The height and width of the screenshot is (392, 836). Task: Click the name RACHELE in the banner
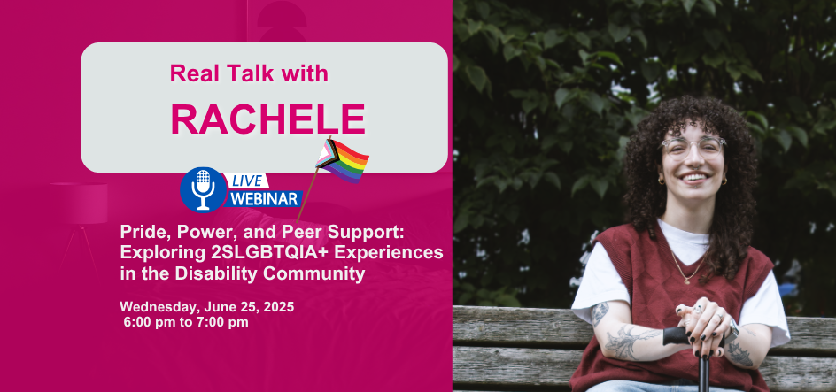[268, 119]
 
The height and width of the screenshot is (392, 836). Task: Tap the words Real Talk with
[249, 73]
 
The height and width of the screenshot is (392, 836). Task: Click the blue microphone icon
[203, 190]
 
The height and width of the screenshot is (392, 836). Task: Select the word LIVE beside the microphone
[246, 181]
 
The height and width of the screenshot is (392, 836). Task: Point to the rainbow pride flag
[343, 161]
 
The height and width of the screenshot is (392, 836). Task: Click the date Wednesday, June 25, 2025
[207, 307]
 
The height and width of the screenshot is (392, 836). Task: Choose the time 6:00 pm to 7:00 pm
[186, 322]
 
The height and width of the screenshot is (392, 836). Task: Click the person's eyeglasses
[693, 147]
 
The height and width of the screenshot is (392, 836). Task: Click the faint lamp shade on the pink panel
[79, 203]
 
